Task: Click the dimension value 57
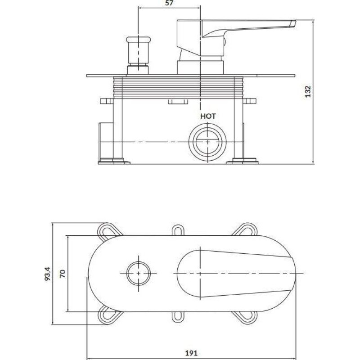tap(169, 3)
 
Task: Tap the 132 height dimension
tap(308, 92)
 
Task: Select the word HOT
tap(208, 116)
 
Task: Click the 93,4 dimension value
tap(48, 274)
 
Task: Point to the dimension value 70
tap(63, 274)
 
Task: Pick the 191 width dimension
tap(191, 353)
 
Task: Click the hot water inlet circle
tap(207, 142)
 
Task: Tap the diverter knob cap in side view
tap(139, 39)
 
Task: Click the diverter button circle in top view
tap(139, 274)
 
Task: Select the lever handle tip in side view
tap(293, 24)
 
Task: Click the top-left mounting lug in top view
tap(108, 230)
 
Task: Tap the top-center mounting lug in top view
tap(178, 230)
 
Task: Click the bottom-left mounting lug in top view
tap(108, 316)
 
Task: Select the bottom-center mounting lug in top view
tap(178, 317)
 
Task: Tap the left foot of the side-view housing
tap(114, 161)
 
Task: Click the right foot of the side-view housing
tap(243, 161)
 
